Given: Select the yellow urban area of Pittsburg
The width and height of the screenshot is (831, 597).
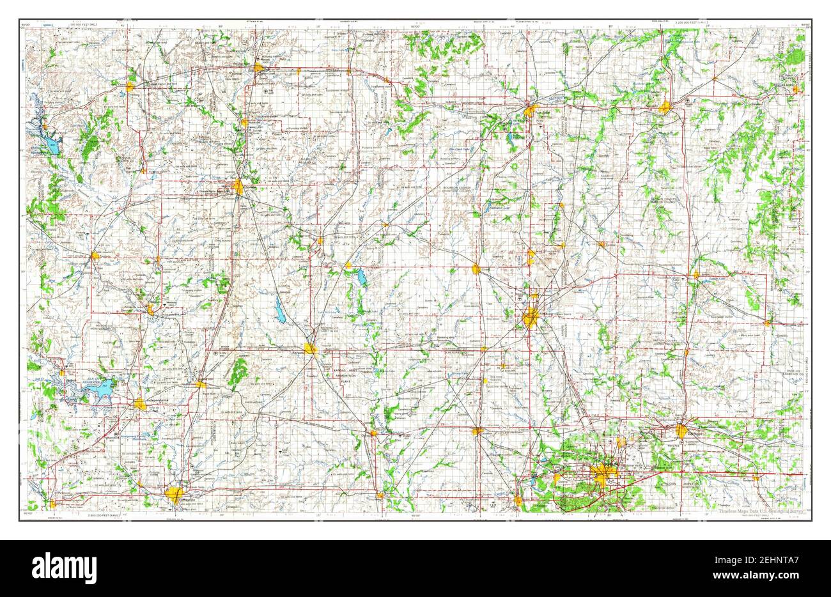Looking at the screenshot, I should tap(530, 318).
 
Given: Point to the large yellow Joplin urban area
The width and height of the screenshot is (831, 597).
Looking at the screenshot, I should tap(603, 474).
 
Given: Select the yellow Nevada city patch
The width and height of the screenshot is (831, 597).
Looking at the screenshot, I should tap(665, 107).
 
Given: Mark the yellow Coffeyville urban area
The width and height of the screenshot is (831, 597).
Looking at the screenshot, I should tap(175, 493).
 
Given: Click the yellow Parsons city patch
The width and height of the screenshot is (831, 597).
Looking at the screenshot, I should tap(311, 348).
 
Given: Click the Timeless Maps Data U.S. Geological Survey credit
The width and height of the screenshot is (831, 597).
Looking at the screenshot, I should tap(760, 511).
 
